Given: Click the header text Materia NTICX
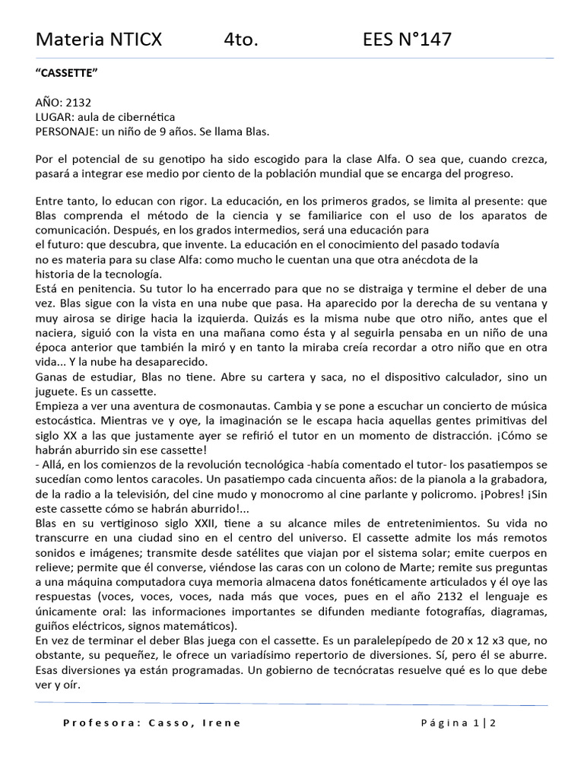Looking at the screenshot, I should tap(99, 40).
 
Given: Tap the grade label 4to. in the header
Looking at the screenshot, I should tap(242, 40).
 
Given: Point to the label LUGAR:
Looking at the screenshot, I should tap(56, 116).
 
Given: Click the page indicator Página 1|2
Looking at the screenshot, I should tap(459, 723).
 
